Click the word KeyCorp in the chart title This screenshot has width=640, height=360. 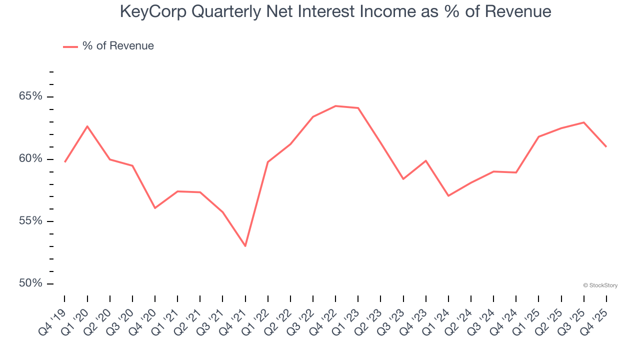[152, 11]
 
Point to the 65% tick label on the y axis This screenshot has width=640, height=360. [30, 96]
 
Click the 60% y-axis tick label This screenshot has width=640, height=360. [30, 159]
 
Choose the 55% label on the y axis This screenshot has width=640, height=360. [30, 221]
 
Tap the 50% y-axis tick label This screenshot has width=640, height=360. [30, 283]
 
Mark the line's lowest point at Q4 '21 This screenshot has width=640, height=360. [245, 246]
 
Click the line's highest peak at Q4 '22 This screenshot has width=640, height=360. [335, 106]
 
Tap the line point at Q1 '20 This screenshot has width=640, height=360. [87, 126]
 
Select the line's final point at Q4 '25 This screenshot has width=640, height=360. [606, 146]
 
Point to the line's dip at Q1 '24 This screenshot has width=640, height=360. [448, 195]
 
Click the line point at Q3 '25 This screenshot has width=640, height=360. [584, 122]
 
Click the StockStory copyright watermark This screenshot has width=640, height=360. [600, 285]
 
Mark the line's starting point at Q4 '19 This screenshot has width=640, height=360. [65, 162]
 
